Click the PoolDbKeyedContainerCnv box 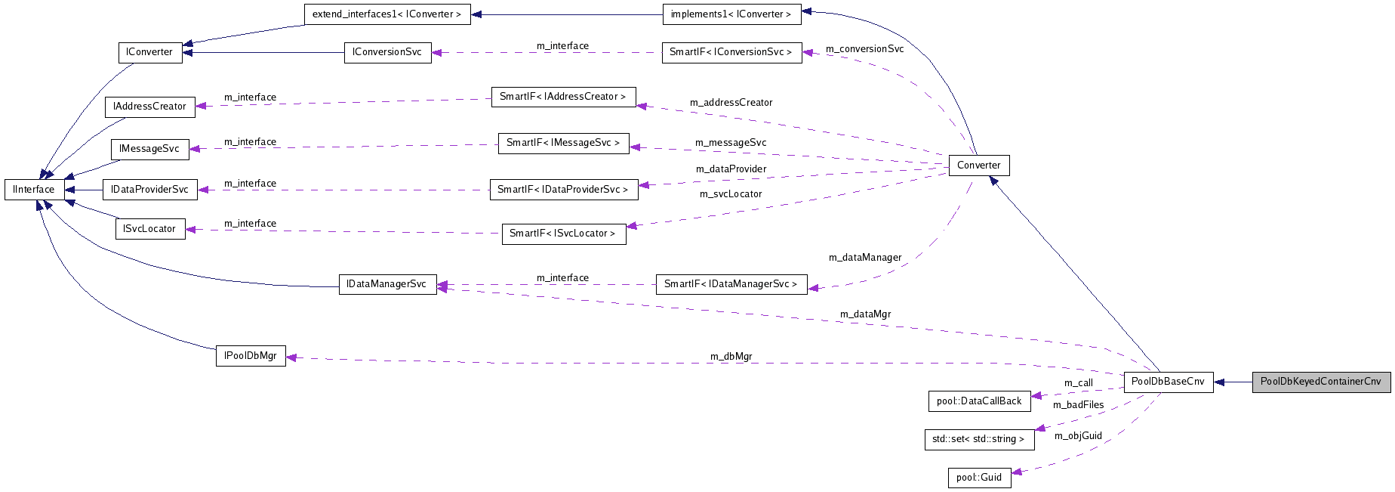click(x=1320, y=382)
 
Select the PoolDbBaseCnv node click(x=1168, y=382)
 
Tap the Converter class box click(x=978, y=166)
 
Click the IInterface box click(x=34, y=190)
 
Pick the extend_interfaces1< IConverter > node click(x=386, y=14)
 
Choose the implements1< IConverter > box click(x=731, y=14)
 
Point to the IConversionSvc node click(x=387, y=52)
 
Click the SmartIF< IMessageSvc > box click(x=563, y=143)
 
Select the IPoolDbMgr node click(x=251, y=356)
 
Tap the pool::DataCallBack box click(x=978, y=401)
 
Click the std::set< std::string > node click(x=978, y=439)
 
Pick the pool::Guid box click(x=978, y=478)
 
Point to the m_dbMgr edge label click(x=731, y=357)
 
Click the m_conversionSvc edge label click(x=864, y=49)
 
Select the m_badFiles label click(x=1078, y=405)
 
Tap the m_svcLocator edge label click(x=731, y=194)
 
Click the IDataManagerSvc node click(x=387, y=284)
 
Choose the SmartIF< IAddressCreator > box click(x=563, y=97)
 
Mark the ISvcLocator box click(x=149, y=229)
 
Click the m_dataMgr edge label click(x=865, y=314)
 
